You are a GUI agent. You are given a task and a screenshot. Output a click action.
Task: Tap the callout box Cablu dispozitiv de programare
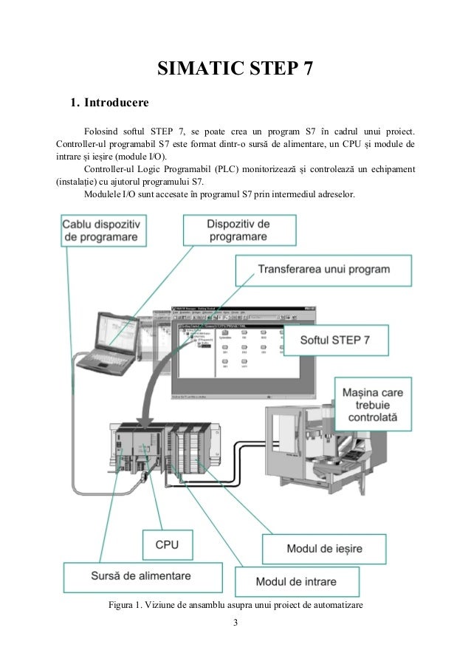coord(105,230)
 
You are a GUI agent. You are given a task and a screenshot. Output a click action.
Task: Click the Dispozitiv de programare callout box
coord(238,230)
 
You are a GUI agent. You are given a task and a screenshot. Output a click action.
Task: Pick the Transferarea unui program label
coord(323,269)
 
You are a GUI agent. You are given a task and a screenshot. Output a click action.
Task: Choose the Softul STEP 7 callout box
coord(337,341)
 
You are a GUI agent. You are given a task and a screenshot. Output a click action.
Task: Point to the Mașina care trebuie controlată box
coord(374,404)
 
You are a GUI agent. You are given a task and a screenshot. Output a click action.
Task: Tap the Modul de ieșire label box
coord(324,550)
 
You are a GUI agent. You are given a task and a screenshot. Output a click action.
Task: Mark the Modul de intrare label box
coord(296,581)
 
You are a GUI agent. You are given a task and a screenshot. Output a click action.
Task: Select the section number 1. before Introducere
coord(74,100)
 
